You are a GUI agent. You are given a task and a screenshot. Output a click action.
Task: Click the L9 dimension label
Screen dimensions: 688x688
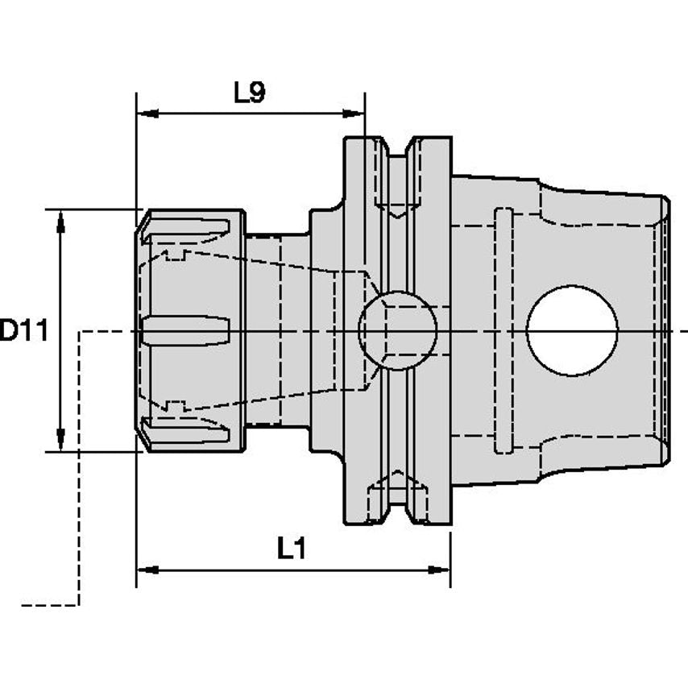249,94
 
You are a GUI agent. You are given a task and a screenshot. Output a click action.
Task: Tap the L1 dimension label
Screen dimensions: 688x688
292,549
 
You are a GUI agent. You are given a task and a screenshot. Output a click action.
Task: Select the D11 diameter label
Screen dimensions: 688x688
24,330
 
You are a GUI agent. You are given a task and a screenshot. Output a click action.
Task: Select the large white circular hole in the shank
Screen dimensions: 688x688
572,330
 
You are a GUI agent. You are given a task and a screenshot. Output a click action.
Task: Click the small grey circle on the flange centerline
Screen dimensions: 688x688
397,330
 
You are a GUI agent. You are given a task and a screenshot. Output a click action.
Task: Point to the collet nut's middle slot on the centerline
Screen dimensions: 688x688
186,330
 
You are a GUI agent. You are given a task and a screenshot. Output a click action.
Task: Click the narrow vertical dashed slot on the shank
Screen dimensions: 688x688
503,330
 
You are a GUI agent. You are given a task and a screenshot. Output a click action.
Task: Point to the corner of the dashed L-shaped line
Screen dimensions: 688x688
78,331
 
